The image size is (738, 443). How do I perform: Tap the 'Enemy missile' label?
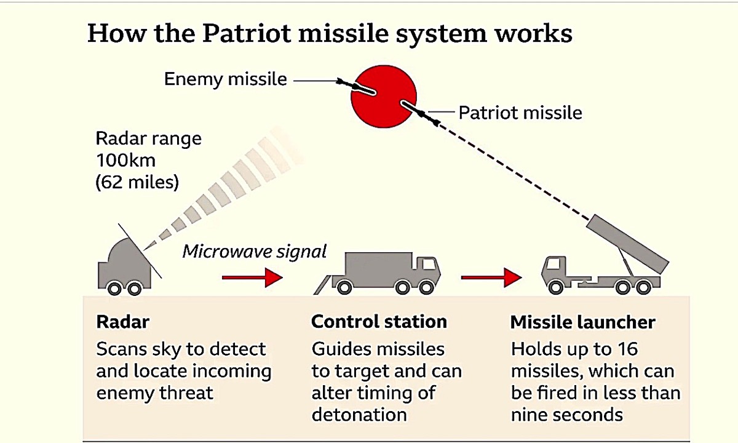click(225, 79)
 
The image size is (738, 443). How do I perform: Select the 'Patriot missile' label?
click(520, 113)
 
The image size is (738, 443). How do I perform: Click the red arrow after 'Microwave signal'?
click(252, 277)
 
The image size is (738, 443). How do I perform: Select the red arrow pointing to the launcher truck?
click(491, 277)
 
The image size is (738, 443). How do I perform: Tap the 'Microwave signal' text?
click(255, 252)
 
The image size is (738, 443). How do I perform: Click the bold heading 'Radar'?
click(123, 322)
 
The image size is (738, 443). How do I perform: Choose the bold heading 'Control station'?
click(379, 322)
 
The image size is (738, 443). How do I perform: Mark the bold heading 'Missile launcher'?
click(583, 322)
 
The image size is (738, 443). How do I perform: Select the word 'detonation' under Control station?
click(359, 414)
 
